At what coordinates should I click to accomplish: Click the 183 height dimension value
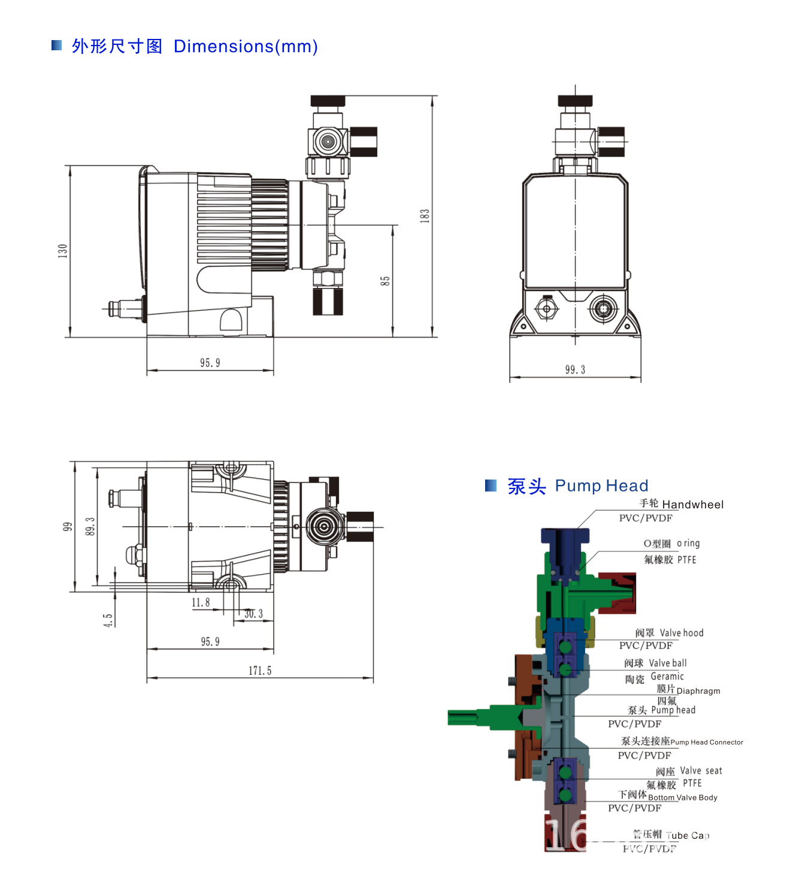pos(425,216)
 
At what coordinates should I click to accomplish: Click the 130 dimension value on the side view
pos(63,251)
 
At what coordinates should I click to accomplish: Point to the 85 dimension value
pos(385,281)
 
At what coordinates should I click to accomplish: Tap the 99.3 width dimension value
pos(575,370)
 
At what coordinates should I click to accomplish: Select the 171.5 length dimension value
pos(260,671)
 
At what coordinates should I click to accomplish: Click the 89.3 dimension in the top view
pos(90,526)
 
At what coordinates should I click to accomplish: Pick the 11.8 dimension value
pos(201,603)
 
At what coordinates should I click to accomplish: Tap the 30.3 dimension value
pos(253,614)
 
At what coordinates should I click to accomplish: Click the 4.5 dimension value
pos(108,620)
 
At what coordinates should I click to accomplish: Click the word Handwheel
pos(693,505)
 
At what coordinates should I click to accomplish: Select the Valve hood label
pos(682,633)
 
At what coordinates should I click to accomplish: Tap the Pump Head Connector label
pos(707,742)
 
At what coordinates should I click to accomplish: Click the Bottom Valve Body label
pos(682,797)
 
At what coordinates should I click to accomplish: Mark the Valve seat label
pos(701,771)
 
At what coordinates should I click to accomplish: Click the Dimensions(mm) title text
pos(246,47)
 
